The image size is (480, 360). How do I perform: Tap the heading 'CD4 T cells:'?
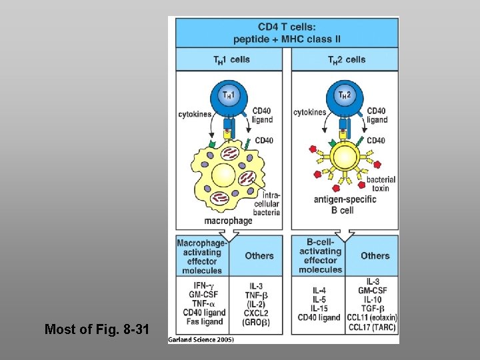pos(287,27)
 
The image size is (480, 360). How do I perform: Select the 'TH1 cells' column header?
pos(231,60)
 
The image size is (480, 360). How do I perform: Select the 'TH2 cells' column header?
pos(347,60)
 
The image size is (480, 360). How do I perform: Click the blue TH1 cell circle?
pos(229,98)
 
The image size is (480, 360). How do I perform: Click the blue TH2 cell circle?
pos(345,98)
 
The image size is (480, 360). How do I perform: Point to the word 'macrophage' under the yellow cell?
pos(229,221)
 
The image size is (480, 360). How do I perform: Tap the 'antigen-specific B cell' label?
pos(343,204)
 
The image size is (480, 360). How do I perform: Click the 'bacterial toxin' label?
pos(381,184)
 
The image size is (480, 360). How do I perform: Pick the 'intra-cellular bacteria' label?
pos(267,203)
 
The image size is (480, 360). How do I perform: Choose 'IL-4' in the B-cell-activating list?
pos(321,291)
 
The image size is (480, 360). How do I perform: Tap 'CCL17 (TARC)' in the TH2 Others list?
pos(374,327)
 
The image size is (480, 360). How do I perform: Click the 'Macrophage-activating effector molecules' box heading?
pos(202,257)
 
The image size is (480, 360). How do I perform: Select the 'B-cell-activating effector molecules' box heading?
pos(320,256)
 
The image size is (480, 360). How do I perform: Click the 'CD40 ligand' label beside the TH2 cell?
pos(377,115)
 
